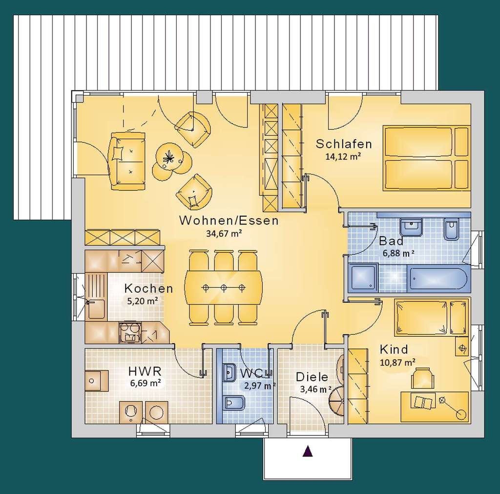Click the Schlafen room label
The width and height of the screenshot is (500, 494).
tap(343, 144)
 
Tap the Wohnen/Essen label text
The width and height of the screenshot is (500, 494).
tap(229, 221)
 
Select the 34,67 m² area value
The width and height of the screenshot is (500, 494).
tap(225, 233)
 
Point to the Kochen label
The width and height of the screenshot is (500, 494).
tap(148, 288)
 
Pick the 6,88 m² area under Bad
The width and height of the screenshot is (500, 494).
tap(398, 253)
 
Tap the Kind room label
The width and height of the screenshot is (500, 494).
tap(394, 350)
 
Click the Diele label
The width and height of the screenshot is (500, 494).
tap(312, 377)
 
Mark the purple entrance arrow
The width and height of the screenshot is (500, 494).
tap(307, 451)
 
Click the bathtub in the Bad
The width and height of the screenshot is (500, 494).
tap(437, 279)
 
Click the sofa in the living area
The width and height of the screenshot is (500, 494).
tap(127, 160)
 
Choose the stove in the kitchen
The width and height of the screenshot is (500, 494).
tap(130, 333)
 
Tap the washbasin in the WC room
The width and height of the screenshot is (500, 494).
tap(229, 373)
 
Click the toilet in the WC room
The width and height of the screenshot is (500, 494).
tap(230, 403)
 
